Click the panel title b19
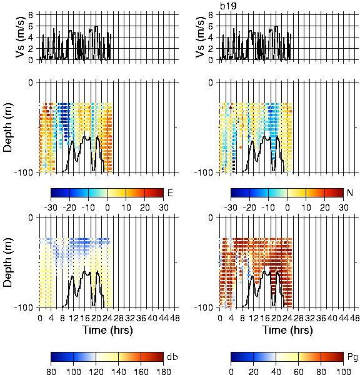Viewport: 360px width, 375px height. pyautogui.click(x=228, y=6)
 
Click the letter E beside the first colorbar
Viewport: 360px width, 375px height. pyautogui.click(x=170, y=192)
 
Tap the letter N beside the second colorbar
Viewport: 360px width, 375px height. pyautogui.click(x=350, y=192)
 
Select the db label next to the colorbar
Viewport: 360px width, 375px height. pyautogui.click(x=172, y=357)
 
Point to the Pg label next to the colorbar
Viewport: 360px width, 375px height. pyautogui.click(x=352, y=357)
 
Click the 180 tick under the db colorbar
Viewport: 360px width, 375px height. pyautogui.click(x=163, y=371)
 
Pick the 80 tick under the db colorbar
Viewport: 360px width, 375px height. pyautogui.click(x=51, y=371)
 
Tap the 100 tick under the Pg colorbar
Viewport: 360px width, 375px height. pyautogui.click(x=343, y=371)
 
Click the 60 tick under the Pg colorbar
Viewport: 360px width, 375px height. pyautogui.click(x=298, y=371)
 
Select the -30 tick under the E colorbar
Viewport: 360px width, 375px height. pyautogui.click(x=51, y=207)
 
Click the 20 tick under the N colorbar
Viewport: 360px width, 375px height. pyautogui.click(x=324, y=207)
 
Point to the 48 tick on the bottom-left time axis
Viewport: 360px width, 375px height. pyautogui.click(x=174, y=318)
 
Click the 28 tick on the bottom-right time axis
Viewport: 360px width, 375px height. pyautogui.click(x=298, y=318)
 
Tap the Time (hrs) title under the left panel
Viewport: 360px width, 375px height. pyautogui.click(x=107, y=330)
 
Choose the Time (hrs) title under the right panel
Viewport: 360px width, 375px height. pyautogui.click(x=287, y=330)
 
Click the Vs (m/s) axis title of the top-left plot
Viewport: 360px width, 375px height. pyautogui.click(x=21, y=37)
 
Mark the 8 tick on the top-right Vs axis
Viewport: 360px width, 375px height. pyautogui.click(x=211, y=15)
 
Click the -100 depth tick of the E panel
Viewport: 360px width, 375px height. pyautogui.click(x=24, y=172)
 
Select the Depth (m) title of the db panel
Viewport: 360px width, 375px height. pyautogui.click(x=8, y=262)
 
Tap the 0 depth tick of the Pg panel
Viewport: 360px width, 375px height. pyautogui.click(x=211, y=217)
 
